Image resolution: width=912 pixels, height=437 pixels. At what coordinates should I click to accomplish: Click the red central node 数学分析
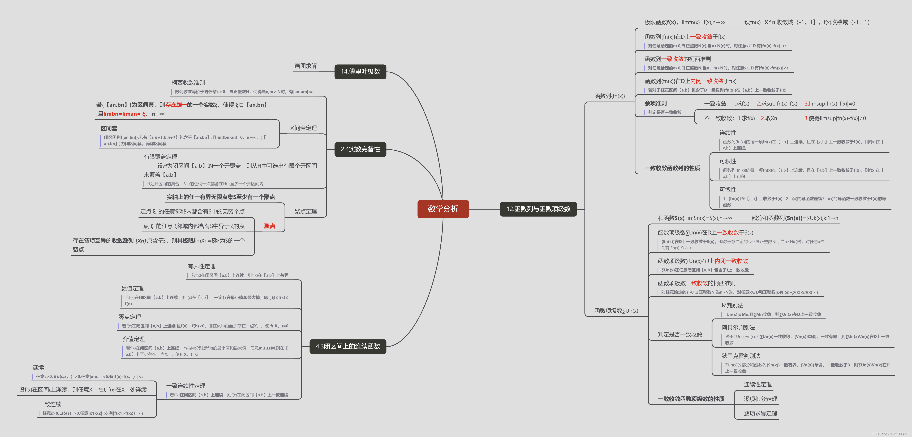[x=443, y=209]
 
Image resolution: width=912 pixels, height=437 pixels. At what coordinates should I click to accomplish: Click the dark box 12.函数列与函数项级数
[x=538, y=209]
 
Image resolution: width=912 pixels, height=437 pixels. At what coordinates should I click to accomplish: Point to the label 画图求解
[x=306, y=66]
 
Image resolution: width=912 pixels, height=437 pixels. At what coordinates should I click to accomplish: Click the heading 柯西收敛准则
[x=188, y=82]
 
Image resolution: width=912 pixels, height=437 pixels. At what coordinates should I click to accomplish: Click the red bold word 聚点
[x=269, y=226]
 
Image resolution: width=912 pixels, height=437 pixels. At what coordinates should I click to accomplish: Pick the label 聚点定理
[x=306, y=212]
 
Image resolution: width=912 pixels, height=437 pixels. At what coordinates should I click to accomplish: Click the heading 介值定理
[x=134, y=339]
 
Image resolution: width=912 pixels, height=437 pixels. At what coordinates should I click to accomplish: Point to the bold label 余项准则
[x=655, y=103]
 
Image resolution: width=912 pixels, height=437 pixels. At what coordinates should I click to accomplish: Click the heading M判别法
[x=732, y=305]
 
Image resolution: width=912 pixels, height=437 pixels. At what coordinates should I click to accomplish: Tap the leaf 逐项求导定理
[x=760, y=413]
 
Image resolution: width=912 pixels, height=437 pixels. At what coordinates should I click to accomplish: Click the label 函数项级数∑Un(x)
[x=616, y=311]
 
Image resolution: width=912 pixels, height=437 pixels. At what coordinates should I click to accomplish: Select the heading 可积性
[x=728, y=161]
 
